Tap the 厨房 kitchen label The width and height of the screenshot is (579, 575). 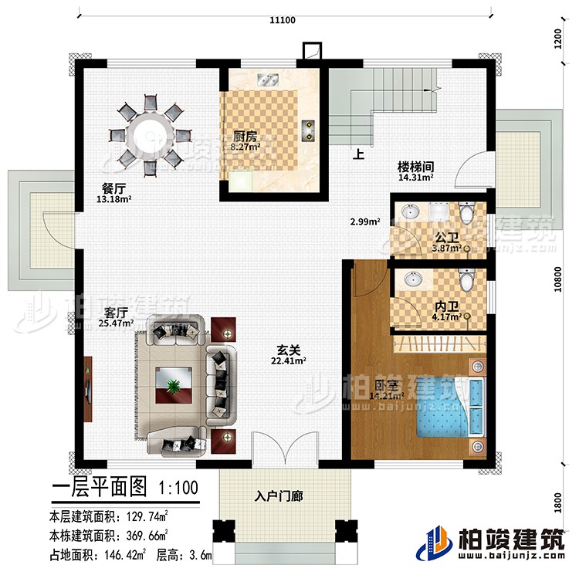point(245,136)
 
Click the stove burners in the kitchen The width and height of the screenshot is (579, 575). point(310,129)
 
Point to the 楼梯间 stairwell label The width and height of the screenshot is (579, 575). point(415,165)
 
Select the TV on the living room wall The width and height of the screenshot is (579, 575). point(87,384)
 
